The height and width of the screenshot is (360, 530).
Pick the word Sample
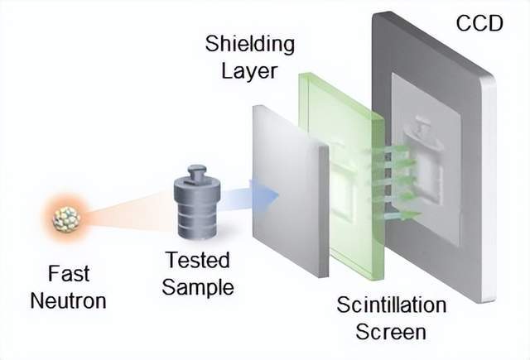coord(197,287)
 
